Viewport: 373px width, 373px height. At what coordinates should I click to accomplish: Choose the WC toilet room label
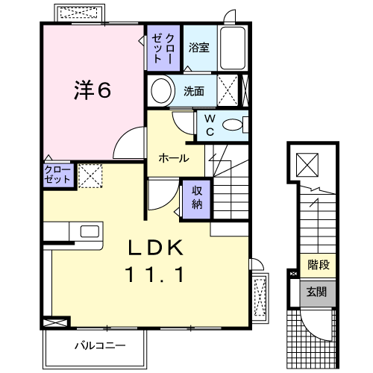[210, 125]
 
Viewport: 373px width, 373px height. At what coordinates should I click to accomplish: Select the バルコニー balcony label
[99, 345]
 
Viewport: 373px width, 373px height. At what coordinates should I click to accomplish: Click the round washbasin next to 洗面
[161, 91]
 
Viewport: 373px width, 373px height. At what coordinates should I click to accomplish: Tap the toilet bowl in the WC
[233, 125]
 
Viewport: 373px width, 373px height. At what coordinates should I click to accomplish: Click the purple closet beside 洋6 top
[163, 49]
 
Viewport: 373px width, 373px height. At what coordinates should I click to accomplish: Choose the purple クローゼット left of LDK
[58, 177]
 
